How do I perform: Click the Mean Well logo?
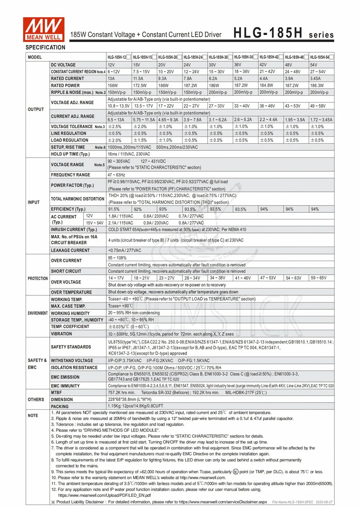(44, 29)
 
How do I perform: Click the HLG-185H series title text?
(283, 33)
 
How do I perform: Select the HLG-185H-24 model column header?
(193, 57)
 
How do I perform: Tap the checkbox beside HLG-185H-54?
(332, 57)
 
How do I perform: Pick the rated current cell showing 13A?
(111, 78)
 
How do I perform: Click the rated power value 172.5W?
(140, 86)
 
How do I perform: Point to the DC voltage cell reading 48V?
(288, 65)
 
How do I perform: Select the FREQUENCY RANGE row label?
(71, 175)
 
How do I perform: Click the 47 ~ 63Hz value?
(116, 175)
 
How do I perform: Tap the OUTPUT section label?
(36, 109)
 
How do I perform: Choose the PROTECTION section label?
(37, 279)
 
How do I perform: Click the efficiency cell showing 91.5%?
(114, 209)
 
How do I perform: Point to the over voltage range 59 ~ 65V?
(319, 278)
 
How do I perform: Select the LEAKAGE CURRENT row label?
(70, 251)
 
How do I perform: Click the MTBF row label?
(57, 393)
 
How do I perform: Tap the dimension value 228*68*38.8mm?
(130, 400)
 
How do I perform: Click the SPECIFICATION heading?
(45, 48)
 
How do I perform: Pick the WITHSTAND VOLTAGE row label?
(72, 361)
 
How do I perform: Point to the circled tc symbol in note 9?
(236, 472)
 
